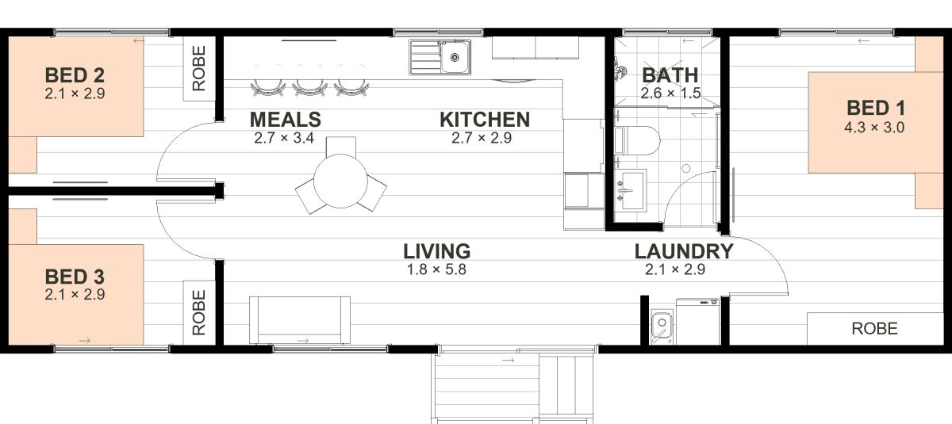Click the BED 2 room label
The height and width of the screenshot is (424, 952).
[75, 75]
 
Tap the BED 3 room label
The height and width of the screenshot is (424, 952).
[75, 277]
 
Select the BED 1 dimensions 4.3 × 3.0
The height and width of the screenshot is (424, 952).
[874, 128]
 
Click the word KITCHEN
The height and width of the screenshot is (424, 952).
[485, 120]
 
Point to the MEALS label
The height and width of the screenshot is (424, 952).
[285, 120]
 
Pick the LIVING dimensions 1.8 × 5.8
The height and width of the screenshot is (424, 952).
[436, 269]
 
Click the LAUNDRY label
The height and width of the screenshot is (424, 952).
[684, 252]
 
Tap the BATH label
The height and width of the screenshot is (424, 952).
[670, 75]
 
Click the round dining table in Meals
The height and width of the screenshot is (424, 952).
[340, 181]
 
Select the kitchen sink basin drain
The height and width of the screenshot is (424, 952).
[455, 57]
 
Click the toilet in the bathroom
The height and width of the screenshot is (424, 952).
[638, 140]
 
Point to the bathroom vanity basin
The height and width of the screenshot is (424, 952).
[631, 190]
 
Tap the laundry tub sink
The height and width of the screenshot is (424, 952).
[662, 327]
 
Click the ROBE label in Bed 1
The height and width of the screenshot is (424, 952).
[874, 329]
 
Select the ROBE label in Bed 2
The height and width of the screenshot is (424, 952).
[199, 68]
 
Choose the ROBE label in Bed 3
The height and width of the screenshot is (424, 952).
[199, 312]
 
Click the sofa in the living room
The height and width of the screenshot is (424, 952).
[300, 320]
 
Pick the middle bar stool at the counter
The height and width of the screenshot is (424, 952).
[309, 87]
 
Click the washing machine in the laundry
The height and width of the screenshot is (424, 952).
[698, 322]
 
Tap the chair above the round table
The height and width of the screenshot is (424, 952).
[341, 147]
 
